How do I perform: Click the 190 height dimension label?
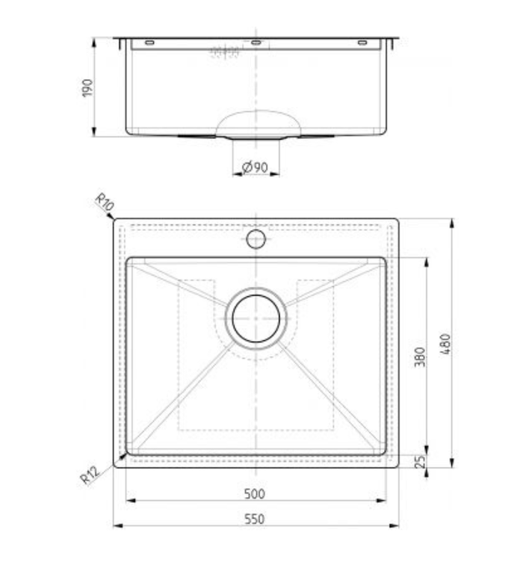tap(87, 87)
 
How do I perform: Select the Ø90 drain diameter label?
tap(256, 167)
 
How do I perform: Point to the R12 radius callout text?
tap(90, 475)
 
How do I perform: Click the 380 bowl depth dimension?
tap(419, 357)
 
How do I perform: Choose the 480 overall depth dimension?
tap(446, 344)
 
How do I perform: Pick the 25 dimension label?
tap(419, 462)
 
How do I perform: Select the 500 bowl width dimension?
tap(256, 494)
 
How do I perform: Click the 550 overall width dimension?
tap(256, 519)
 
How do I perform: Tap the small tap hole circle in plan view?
tap(256, 239)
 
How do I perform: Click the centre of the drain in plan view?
tap(256, 318)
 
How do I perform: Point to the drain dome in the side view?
tap(257, 123)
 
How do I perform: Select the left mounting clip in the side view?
tap(150, 43)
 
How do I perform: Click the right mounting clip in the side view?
tap(363, 43)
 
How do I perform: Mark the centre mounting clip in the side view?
tap(256, 43)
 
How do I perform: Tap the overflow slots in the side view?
tap(225, 52)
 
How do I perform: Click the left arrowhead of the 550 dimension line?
tap(117, 526)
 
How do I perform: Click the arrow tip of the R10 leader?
tap(112, 217)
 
